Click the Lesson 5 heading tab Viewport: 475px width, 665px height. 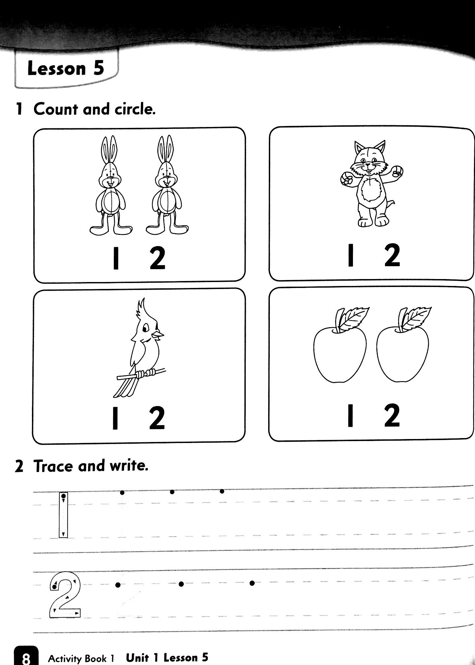coord(66,69)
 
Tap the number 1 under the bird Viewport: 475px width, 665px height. coord(115,418)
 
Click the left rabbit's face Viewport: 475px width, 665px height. coord(110,178)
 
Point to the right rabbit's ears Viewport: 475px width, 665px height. coord(166,148)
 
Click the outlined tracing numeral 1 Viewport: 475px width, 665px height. coord(63,515)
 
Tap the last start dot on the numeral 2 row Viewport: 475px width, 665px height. coord(252,583)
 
